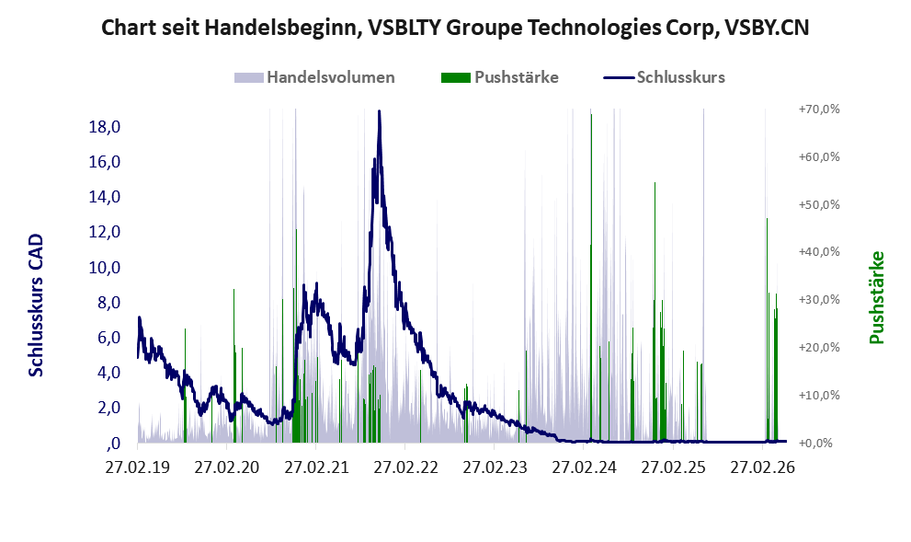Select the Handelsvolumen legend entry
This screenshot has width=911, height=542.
(x=314, y=77)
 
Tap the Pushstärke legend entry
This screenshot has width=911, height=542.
(x=500, y=77)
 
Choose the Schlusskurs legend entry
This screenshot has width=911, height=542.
(x=664, y=77)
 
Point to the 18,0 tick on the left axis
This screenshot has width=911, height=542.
(x=105, y=127)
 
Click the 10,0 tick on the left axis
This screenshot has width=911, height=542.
(x=105, y=268)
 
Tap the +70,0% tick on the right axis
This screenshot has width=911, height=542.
(x=819, y=110)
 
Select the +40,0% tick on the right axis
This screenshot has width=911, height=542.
(x=819, y=252)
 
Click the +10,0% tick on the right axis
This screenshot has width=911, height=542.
(x=819, y=396)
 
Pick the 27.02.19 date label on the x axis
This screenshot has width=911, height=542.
(x=138, y=467)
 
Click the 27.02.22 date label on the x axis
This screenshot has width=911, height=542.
(x=405, y=467)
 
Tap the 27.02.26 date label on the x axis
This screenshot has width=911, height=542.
(x=762, y=467)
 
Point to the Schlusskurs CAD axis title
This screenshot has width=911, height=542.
(x=36, y=306)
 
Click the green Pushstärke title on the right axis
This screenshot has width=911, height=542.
(x=877, y=297)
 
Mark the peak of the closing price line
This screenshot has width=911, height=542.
(x=380, y=111)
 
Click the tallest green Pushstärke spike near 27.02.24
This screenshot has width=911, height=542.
(x=591, y=278)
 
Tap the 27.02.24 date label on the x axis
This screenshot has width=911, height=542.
(x=584, y=467)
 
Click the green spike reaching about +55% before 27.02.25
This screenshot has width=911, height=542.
(x=655, y=312)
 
